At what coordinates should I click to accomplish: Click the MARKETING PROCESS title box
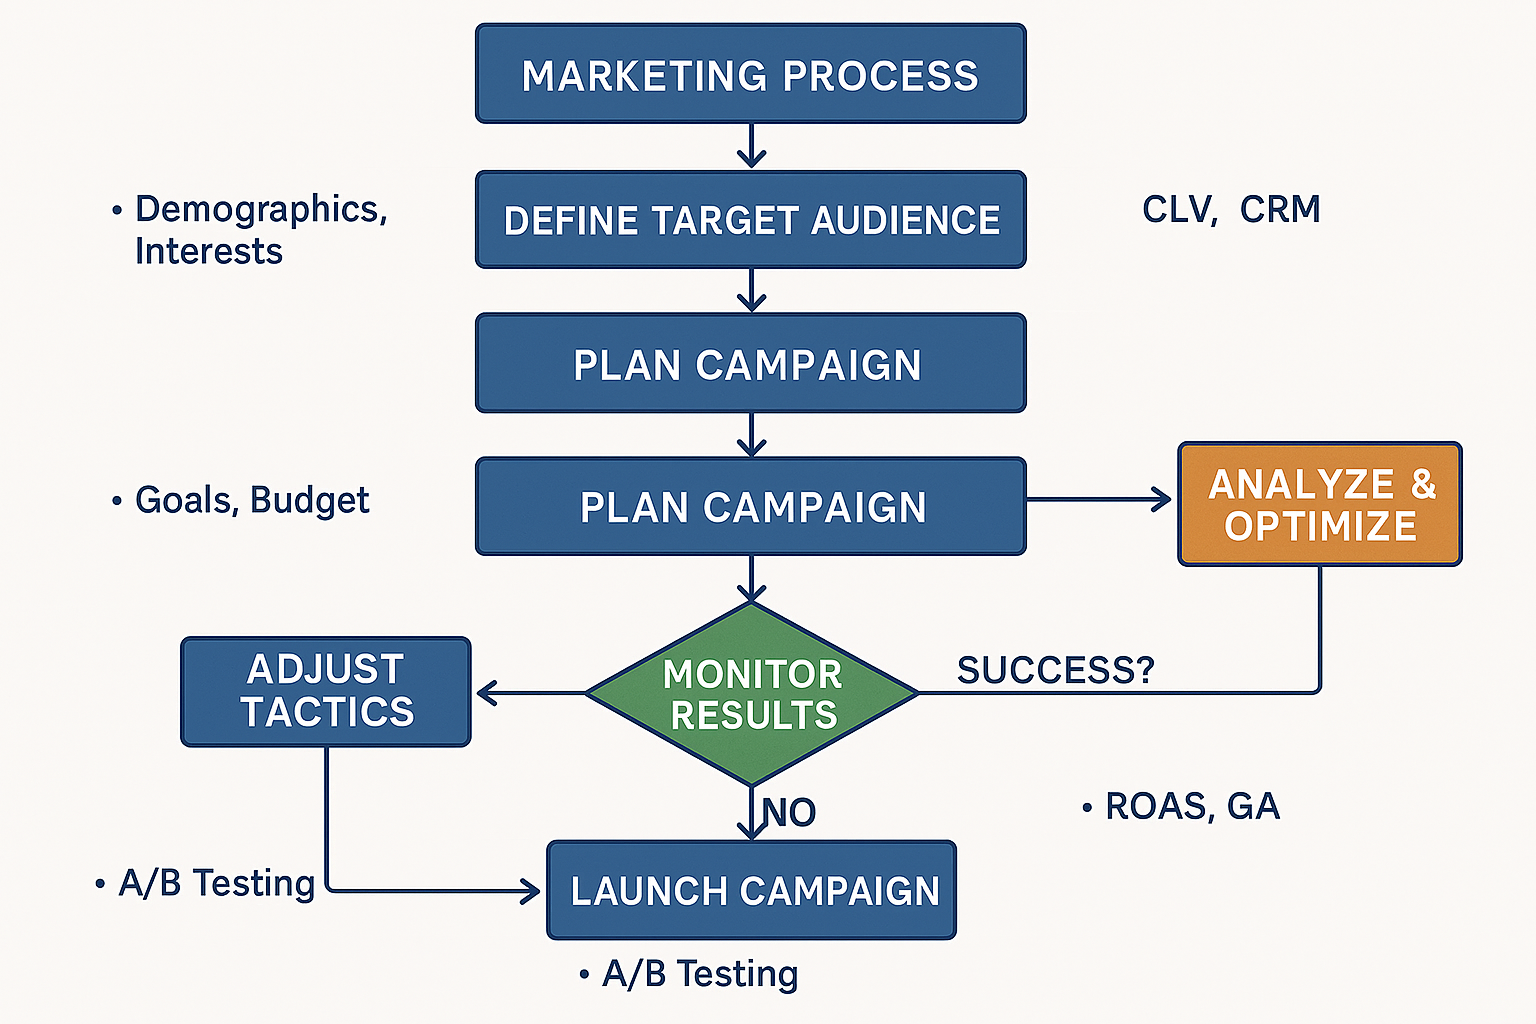[x=750, y=75]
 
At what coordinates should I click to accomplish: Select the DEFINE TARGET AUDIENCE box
[x=750, y=220]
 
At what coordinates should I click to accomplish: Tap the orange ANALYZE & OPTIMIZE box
[x=1319, y=504]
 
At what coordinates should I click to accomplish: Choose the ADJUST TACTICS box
[x=326, y=691]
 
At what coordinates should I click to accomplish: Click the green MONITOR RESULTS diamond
[x=752, y=694]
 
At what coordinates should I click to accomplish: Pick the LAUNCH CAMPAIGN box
[x=752, y=890]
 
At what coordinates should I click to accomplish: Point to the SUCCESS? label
[x=1055, y=670]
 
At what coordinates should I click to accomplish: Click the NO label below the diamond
[x=790, y=812]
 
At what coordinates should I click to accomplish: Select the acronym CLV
[x=1178, y=210]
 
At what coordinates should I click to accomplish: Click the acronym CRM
[x=1280, y=210]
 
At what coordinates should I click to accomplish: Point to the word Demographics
[x=260, y=210]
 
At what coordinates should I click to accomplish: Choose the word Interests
[x=209, y=251]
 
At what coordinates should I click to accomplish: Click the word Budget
[x=310, y=500]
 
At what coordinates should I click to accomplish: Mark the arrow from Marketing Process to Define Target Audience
[x=751, y=147]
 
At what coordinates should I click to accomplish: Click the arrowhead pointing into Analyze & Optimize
[x=1162, y=499]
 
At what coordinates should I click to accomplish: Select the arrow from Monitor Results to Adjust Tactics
[x=530, y=692]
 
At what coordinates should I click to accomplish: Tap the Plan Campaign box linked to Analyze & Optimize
[x=752, y=507]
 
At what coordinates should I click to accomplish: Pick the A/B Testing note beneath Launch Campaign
[x=699, y=974]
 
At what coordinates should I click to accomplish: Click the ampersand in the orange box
[x=1423, y=484]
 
